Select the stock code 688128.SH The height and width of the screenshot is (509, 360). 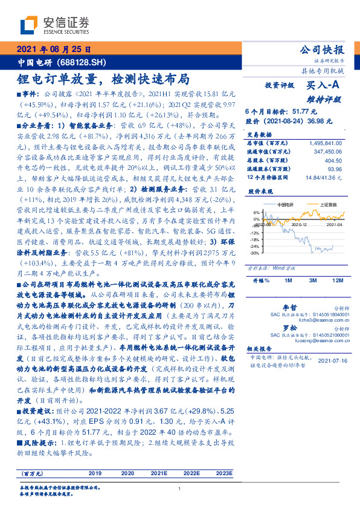coord(83,62)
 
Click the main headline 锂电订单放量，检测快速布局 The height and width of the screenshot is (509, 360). coord(102,79)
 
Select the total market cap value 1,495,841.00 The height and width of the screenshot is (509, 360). coord(325,143)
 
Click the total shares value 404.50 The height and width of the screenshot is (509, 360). coord(333,162)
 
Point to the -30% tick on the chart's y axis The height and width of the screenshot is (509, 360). coord(256,253)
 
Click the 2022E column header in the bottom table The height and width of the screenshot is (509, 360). coord(191,473)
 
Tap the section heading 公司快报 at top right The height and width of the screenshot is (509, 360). coord(322,50)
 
